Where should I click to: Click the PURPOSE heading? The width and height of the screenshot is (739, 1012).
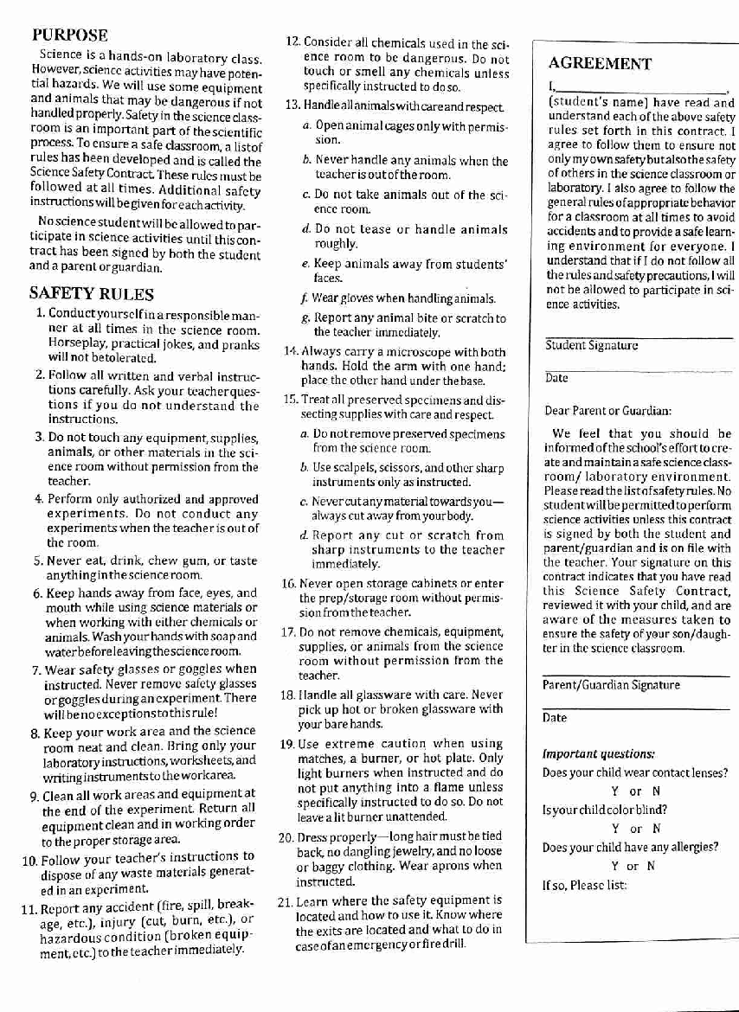70,35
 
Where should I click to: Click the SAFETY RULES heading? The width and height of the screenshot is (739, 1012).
91,293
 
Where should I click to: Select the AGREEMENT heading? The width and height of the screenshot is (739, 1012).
600,63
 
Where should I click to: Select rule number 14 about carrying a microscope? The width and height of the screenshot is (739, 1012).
289,351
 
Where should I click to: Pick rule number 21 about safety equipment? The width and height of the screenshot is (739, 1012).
286,900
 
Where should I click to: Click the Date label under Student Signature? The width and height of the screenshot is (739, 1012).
556,378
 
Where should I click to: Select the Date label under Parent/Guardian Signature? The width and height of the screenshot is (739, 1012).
555,718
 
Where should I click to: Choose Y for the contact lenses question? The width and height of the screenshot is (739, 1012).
614,791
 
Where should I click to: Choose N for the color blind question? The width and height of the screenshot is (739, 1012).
657,829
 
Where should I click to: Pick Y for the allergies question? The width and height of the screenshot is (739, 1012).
614,866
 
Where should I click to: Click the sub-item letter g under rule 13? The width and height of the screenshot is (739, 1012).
305,318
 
